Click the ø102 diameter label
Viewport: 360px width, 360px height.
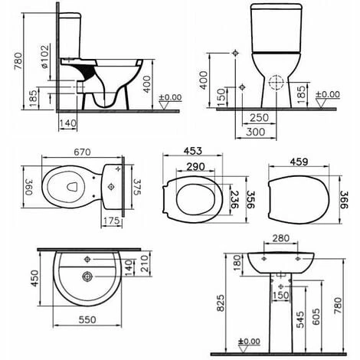[45, 57]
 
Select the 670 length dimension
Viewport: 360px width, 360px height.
[82, 152]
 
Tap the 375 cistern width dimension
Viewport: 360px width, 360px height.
[138, 187]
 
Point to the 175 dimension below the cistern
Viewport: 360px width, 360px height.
[112, 221]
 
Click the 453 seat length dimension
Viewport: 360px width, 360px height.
[193, 151]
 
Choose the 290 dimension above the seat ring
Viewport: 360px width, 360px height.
[196, 167]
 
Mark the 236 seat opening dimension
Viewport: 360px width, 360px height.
[234, 200]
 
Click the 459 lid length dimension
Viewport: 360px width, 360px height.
[299, 162]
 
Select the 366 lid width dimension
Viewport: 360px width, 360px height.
[344, 200]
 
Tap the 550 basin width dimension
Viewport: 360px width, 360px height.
[87, 319]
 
